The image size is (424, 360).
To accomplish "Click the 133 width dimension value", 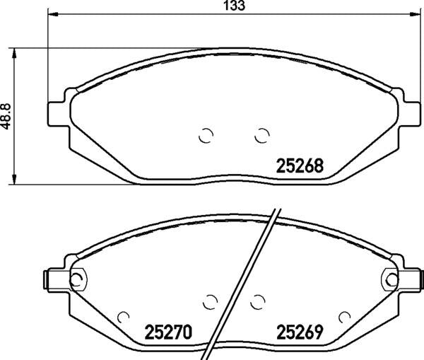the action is (235, 6).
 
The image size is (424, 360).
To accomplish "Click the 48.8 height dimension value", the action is (5, 116).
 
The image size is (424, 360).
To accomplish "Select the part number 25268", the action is (300, 166).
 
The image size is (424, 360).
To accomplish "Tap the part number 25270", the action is (168, 332).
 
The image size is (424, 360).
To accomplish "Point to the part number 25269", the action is (300, 332).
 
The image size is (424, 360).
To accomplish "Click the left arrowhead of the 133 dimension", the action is (53, 14).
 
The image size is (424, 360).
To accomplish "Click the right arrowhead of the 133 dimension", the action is (416, 14).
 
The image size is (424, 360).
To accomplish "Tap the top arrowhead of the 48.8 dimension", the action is (14, 53).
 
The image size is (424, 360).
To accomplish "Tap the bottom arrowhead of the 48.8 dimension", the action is (14, 180).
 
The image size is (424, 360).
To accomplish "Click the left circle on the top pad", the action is (206, 135).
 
